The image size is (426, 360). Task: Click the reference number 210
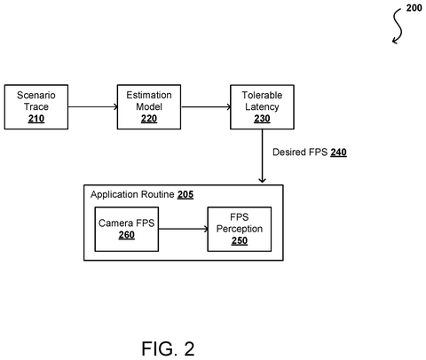[36, 119]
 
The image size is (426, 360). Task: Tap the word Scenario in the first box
[36, 95]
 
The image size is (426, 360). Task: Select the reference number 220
[149, 119]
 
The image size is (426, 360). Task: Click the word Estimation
[149, 95]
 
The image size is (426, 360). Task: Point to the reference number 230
[262, 119]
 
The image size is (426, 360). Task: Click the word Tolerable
[262, 95]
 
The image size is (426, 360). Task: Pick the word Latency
[262, 106]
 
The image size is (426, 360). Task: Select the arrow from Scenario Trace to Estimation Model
[93, 106]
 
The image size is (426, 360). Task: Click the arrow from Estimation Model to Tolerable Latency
[206, 106]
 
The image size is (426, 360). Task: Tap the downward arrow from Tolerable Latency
[262, 156]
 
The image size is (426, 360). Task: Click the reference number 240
[338, 153]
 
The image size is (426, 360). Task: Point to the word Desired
[289, 153]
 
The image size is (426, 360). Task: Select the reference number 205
[185, 195]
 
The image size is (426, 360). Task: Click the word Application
[114, 195]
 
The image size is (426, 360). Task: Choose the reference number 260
[127, 235]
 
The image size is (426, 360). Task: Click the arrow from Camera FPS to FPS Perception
[183, 229]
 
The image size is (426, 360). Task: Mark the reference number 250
[240, 241]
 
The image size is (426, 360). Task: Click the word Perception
[240, 229]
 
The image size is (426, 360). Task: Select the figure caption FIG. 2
[168, 348]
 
